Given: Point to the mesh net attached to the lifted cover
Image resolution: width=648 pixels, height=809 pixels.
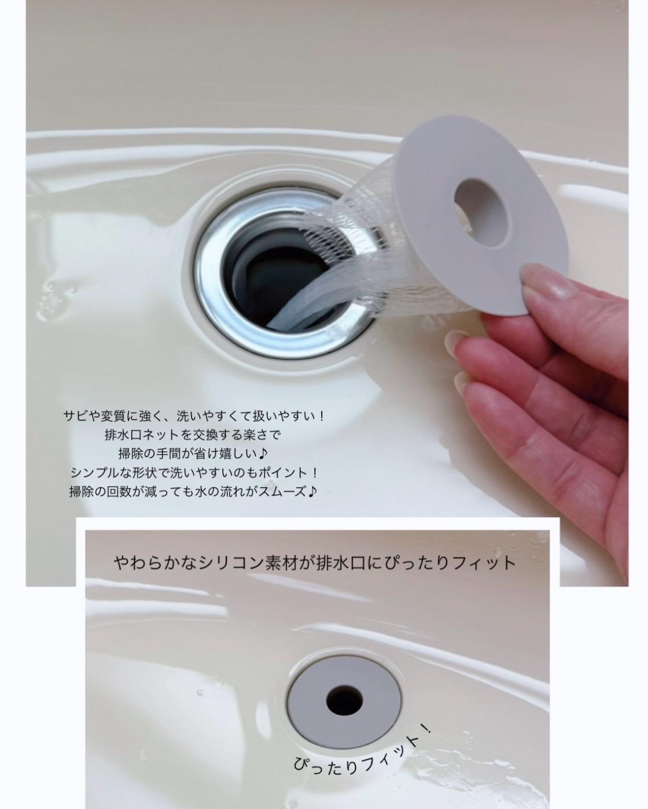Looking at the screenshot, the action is [x=373, y=259].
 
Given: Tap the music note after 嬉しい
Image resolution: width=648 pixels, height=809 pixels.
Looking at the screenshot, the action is [x=264, y=454].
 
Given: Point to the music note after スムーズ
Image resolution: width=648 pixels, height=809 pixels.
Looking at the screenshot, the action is [x=312, y=491].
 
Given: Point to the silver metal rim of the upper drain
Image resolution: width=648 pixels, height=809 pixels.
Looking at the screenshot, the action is [x=211, y=285].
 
